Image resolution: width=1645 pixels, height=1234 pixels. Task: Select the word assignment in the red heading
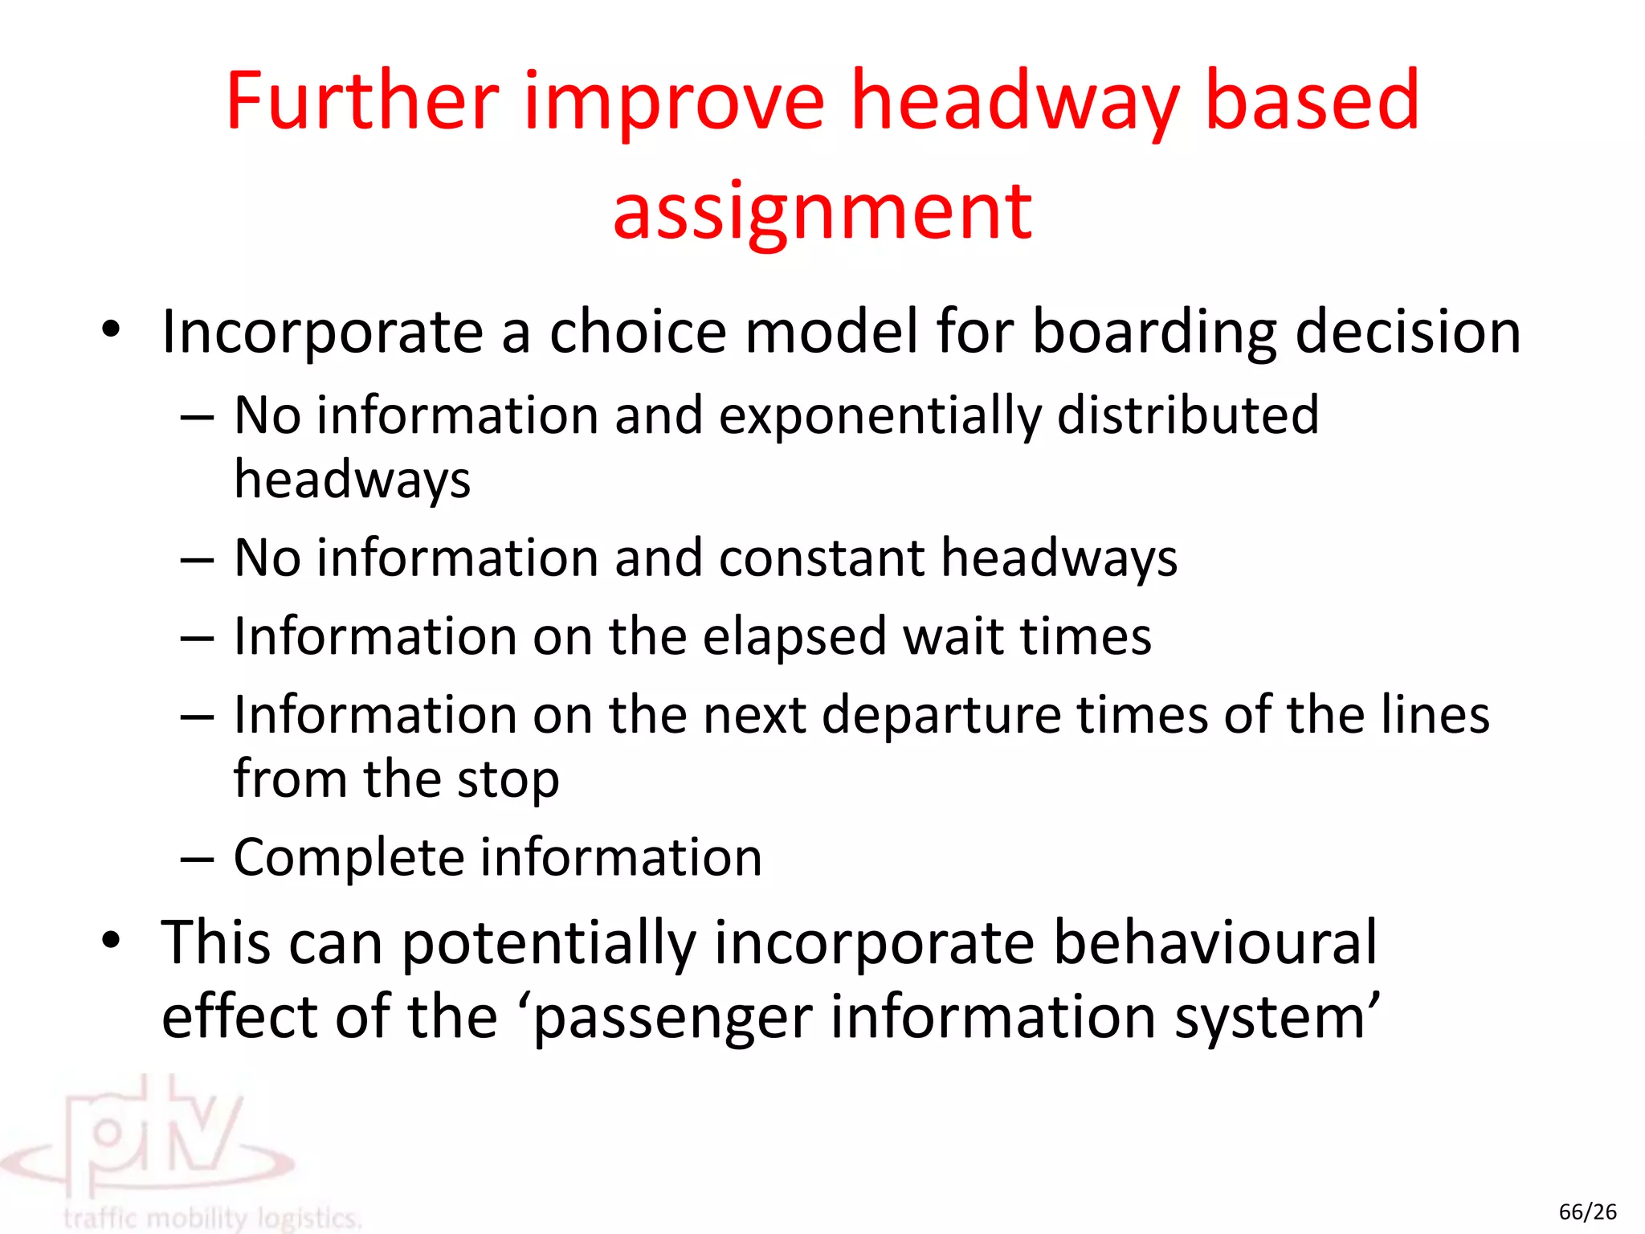pyautogui.click(x=822, y=212)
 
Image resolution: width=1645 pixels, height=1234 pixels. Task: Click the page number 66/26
pyautogui.click(x=1587, y=1212)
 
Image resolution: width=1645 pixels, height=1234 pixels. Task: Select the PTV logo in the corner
pyautogui.click(x=153, y=1141)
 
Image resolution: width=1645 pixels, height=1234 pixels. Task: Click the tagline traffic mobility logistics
pyautogui.click(x=212, y=1218)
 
